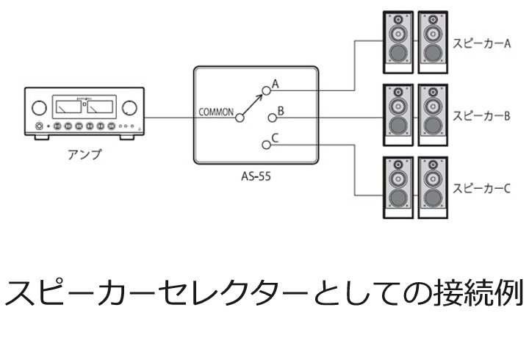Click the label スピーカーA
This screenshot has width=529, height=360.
click(481, 43)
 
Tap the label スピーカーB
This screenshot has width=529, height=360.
click(481, 115)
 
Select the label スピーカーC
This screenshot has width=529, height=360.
click(481, 188)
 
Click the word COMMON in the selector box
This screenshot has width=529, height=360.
click(216, 114)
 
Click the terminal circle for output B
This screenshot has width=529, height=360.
click(271, 117)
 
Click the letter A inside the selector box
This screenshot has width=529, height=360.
click(276, 84)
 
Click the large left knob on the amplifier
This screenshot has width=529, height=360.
click(38, 109)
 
